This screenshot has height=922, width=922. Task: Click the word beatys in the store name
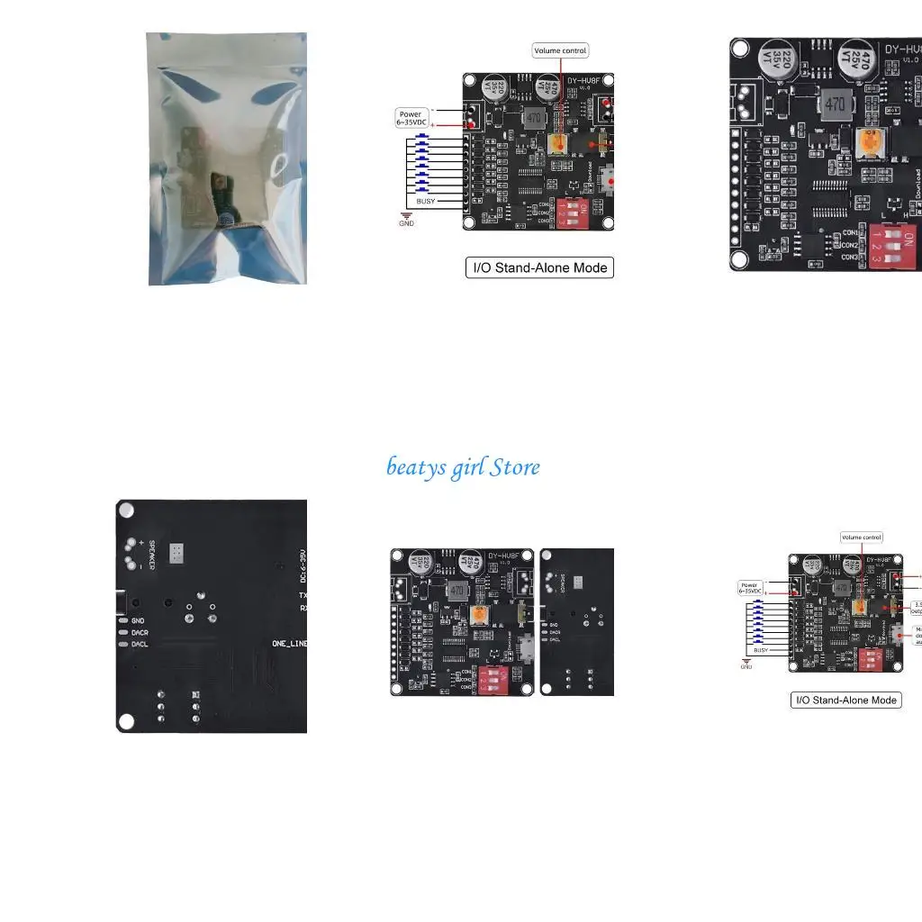coord(415,467)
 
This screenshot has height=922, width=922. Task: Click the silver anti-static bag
coord(227,159)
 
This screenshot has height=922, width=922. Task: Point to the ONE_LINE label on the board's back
coord(289,644)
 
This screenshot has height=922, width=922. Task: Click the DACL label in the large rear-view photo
coord(140,644)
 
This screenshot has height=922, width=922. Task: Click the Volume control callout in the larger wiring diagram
coord(560,51)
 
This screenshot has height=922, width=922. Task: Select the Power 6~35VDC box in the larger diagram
coord(411,118)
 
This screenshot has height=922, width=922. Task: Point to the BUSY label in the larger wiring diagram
coord(425,202)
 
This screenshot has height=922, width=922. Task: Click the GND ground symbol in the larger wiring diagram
coord(407,220)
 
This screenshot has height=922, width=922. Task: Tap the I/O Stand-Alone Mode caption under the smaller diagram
coord(845,700)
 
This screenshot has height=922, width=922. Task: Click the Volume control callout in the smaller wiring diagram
coord(861,538)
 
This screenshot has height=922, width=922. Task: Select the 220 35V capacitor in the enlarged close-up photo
coord(775,61)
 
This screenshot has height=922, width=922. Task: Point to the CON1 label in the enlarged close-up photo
coord(849,233)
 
